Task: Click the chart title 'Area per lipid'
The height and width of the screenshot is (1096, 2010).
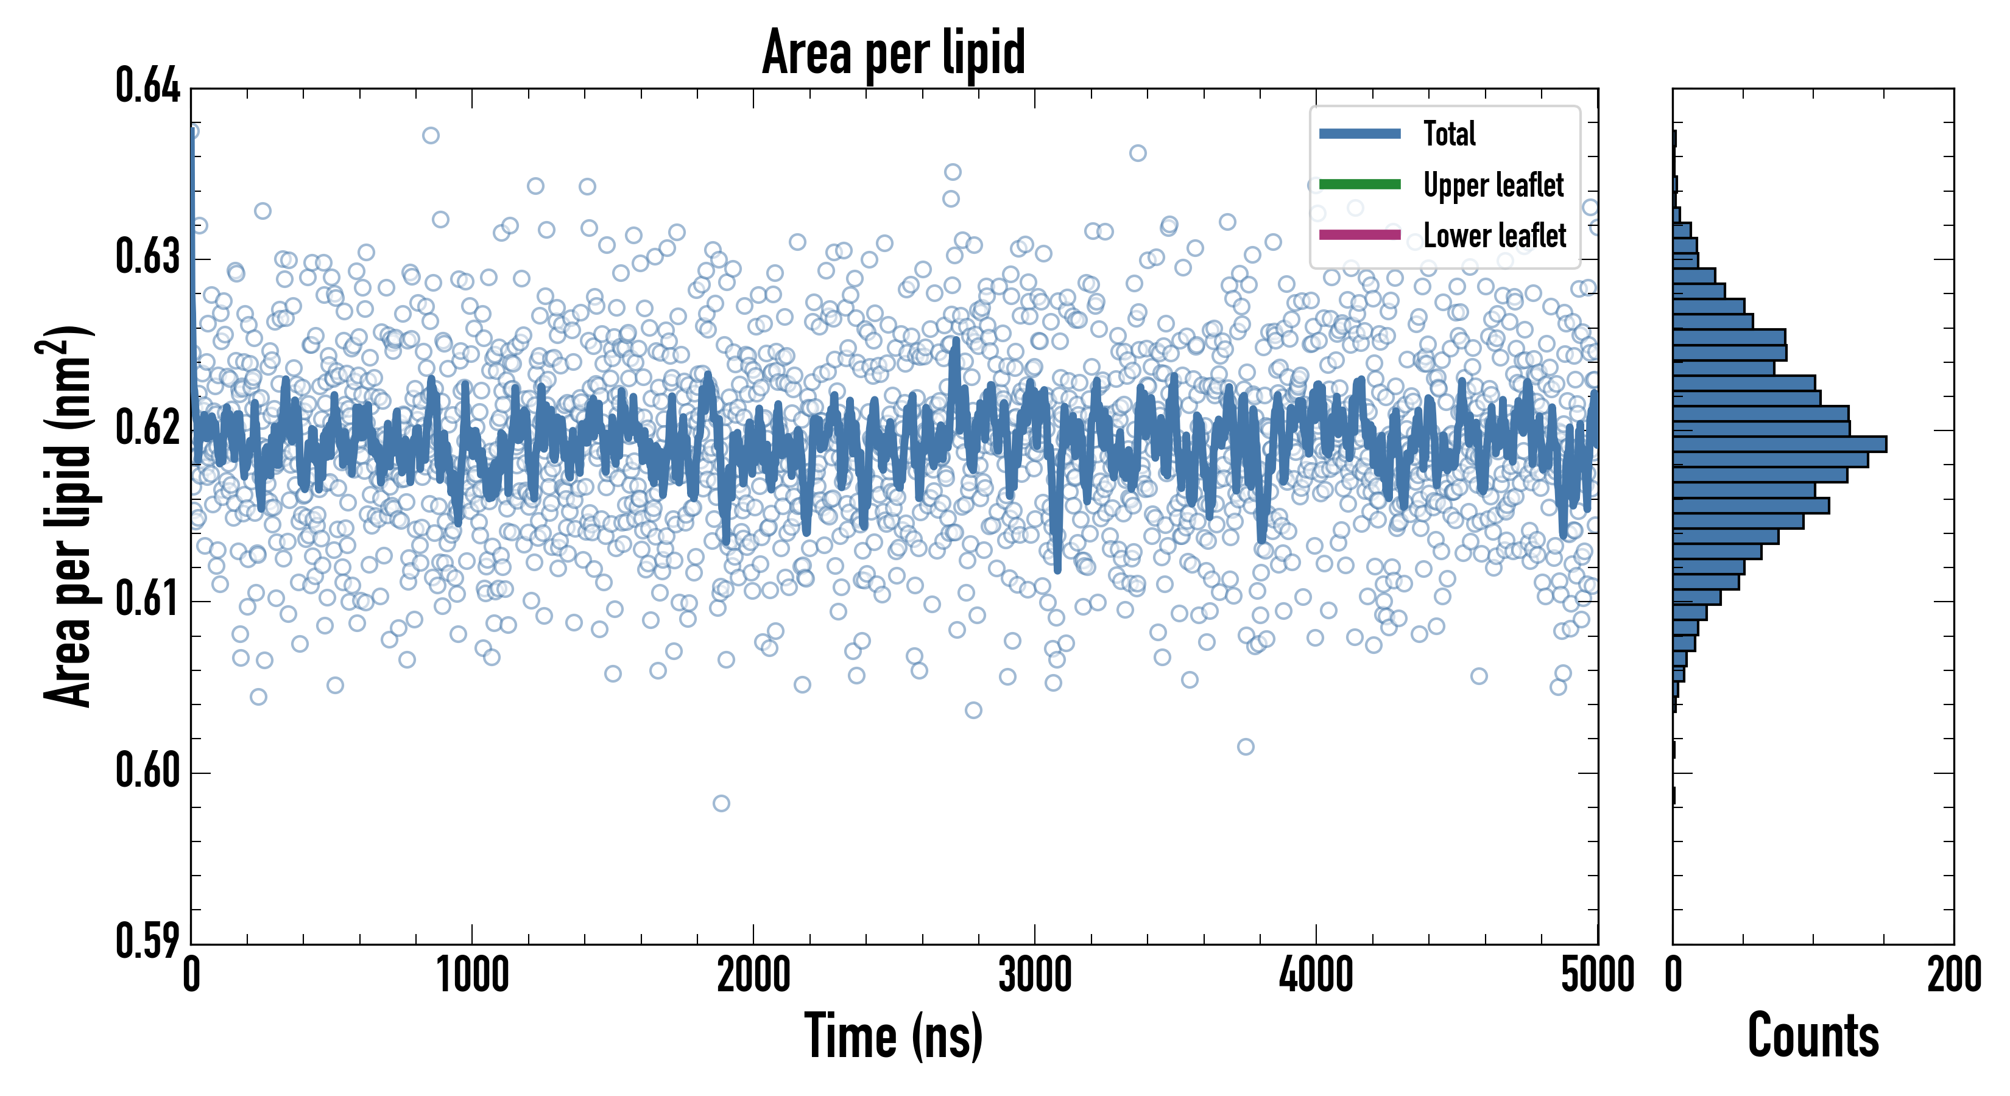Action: [894, 52]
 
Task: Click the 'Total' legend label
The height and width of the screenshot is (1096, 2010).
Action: [1449, 133]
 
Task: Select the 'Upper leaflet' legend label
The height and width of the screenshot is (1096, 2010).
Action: [1493, 185]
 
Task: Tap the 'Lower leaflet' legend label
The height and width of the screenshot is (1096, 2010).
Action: [1494, 235]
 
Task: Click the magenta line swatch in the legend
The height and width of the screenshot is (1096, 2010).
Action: [1359, 235]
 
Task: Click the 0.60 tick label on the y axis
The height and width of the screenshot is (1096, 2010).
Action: [147, 771]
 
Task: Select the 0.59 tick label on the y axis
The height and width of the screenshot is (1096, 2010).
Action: [147, 941]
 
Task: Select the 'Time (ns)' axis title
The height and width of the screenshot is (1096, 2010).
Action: [894, 1036]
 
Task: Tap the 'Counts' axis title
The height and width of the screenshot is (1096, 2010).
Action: [1813, 1036]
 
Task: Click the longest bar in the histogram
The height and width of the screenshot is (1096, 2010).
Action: [1779, 444]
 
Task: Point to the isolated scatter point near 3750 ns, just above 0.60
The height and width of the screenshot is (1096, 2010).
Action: [1246, 746]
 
